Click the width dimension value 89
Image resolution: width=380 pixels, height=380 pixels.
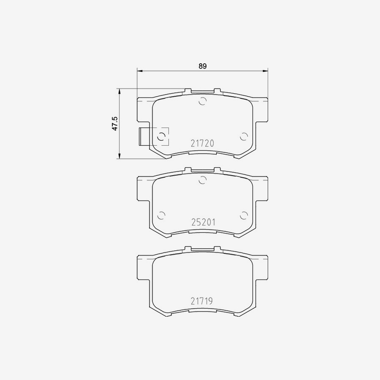[203, 66]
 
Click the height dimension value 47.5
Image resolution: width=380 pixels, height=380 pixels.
[114, 124]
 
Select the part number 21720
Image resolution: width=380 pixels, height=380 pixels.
[202, 144]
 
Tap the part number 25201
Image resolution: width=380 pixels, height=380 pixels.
[202, 222]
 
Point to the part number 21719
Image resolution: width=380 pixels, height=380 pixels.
[201, 301]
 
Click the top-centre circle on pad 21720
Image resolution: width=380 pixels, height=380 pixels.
[203, 101]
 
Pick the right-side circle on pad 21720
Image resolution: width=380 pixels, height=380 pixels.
[243, 136]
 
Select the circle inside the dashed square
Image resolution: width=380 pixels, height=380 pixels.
[161, 136]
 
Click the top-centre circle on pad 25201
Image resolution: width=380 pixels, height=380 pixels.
[203, 180]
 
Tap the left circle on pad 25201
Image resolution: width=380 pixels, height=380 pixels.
[161, 215]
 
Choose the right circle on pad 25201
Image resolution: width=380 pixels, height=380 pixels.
[243, 215]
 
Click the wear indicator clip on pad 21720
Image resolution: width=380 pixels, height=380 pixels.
[143, 136]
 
